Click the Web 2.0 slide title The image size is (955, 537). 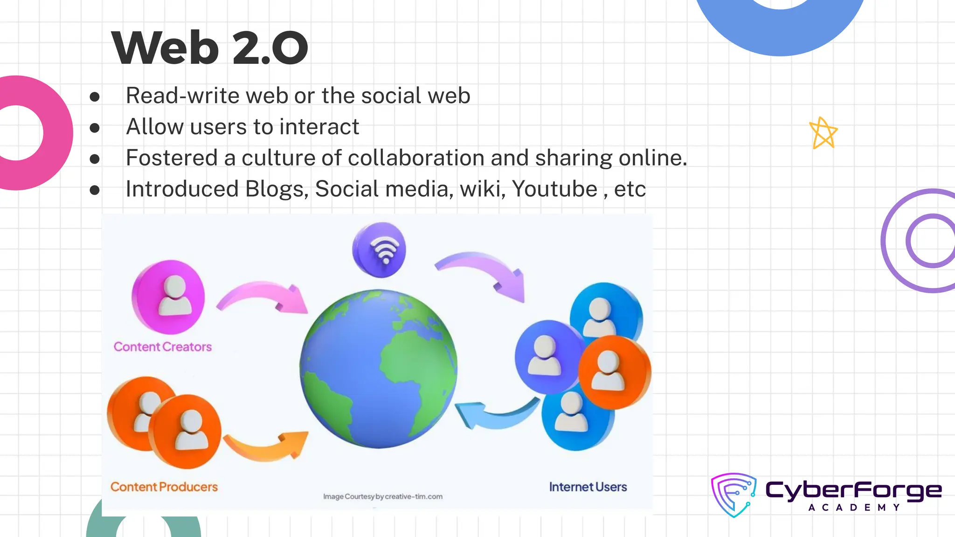pos(210,48)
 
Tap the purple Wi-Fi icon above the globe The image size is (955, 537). pos(379,249)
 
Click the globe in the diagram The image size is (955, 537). pos(378,368)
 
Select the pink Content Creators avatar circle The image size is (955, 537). pos(168,296)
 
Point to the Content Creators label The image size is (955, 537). pos(163,347)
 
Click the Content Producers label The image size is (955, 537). pos(164,487)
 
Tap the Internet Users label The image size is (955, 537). pos(588,487)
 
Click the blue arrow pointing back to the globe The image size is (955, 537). pos(494,413)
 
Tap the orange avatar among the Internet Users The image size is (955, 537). pos(614,372)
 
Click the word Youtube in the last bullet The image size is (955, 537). pos(554,189)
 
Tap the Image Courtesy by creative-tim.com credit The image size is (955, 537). pos(383,496)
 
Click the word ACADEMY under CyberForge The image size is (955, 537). pos(854,508)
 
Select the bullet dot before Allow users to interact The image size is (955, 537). pos(95,128)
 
